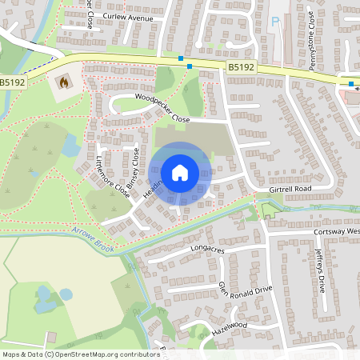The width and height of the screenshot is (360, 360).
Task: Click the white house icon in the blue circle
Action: [180, 172]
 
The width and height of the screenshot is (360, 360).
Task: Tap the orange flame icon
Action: [63, 82]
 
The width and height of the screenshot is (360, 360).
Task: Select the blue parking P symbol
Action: [276, 22]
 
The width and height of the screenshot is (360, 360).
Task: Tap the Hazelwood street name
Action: [230, 327]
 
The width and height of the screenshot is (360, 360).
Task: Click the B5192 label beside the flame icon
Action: [12, 82]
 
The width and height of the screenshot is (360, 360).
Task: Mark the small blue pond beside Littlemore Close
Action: [70, 146]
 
